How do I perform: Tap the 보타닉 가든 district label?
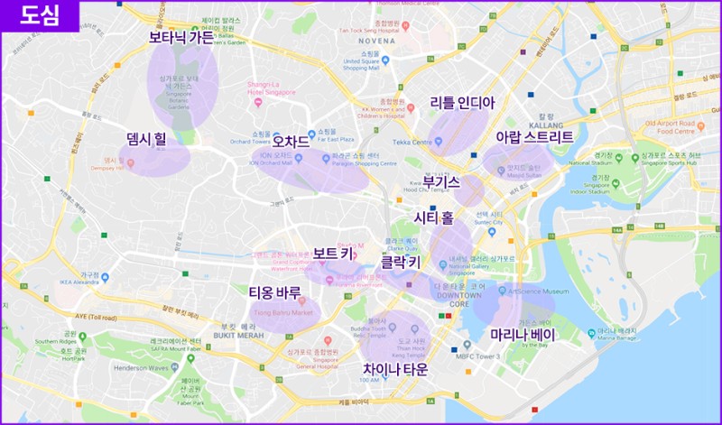[181, 38]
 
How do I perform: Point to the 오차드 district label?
[291, 142]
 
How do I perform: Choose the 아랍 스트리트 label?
[534, 137]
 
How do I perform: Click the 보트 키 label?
[333, 254]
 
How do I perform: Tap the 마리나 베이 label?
[523, 335]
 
